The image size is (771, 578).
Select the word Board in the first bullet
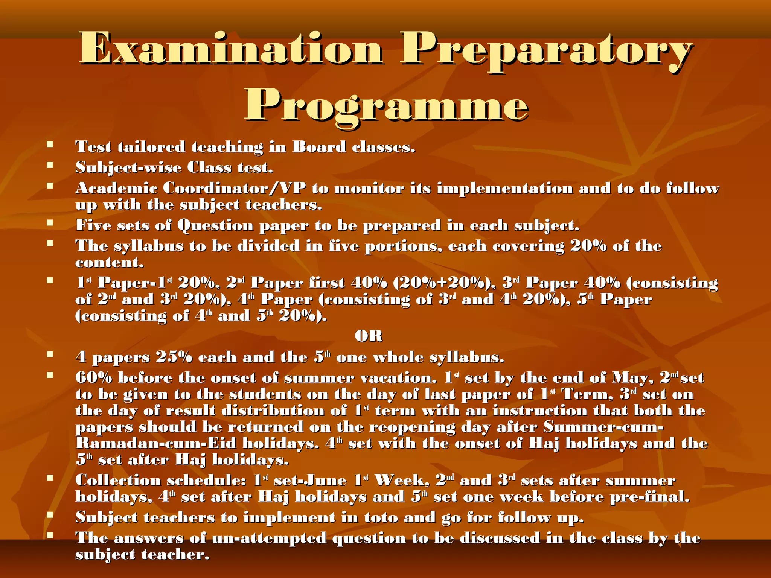(x=319, y=147)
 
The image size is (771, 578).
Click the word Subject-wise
(x=128, y=167)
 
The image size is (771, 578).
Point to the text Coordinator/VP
(x=234, y=188)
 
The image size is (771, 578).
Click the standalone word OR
(x=369, y=336)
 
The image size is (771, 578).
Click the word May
(x=632, y=377)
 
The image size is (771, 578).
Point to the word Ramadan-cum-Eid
(x=156, y=443)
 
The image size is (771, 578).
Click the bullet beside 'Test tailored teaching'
(x=50, y=144)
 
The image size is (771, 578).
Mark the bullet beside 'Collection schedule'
(x=50, y=478)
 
